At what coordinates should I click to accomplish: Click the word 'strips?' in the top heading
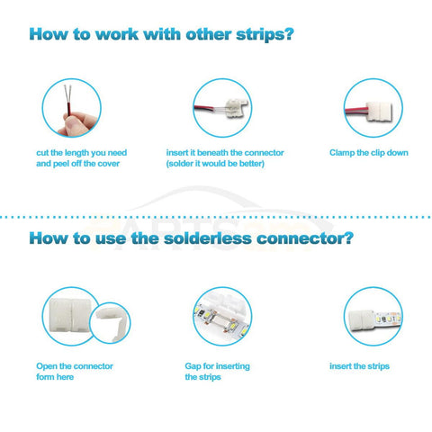coord(265,35)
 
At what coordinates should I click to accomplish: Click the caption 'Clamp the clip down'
coord(369,153)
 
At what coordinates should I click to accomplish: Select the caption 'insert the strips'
coord(359,366)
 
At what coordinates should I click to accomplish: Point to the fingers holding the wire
coord(76,123)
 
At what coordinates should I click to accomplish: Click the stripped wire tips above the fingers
coord(68,94)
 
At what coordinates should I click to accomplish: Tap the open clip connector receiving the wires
coord(237,107)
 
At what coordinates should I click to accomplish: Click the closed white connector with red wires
coord(380,112)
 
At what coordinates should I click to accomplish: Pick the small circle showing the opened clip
coord(110,323)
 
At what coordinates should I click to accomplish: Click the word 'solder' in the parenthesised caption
coord(179,164)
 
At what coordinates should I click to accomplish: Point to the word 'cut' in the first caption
coord(42,153)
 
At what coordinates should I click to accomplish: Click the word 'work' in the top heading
coord(117,34)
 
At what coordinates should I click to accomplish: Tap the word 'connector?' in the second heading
coord(304,238)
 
